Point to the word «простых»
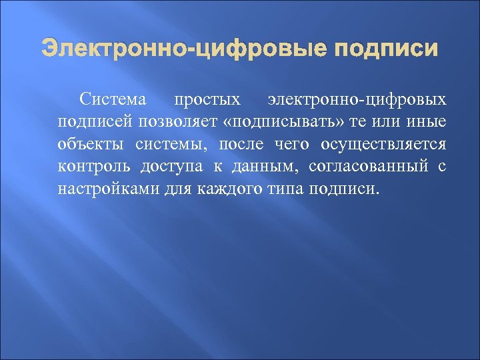pos(207,101)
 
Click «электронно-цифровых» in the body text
pos(357,101)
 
